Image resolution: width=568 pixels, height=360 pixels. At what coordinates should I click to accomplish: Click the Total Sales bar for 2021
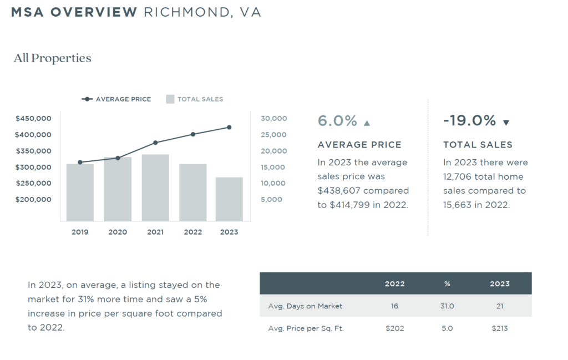(x=155, y=188)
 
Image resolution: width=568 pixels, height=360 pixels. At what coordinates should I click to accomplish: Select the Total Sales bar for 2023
(x=229, y=199)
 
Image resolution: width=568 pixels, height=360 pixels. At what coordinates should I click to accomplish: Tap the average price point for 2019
(x=80, y=162)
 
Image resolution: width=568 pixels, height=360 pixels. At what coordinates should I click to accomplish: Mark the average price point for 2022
(x=193, y=134)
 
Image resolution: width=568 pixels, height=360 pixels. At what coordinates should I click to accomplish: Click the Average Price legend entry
(x=116, y=99)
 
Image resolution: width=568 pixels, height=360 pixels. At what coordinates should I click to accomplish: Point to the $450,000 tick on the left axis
(x=33, y=118)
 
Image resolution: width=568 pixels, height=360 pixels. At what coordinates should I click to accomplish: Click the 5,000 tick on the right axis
(x=271, y=199)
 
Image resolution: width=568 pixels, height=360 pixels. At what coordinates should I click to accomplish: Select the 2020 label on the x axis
(x=118, y=232)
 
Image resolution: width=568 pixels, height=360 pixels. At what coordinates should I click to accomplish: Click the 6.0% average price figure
(x=337, y=121)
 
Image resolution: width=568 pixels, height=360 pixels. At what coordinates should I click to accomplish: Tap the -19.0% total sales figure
(x=469, y=121)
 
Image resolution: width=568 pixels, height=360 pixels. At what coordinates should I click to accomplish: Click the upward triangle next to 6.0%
(x=367, y=123)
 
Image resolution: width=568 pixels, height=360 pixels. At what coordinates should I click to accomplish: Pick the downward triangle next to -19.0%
(x=506, y=123)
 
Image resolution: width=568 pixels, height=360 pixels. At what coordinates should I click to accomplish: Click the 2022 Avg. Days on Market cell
(x=394, y=306)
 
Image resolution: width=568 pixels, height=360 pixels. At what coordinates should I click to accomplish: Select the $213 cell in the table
(x=499, y=328)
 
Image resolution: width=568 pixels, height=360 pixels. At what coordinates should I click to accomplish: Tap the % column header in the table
(x=447, y=283)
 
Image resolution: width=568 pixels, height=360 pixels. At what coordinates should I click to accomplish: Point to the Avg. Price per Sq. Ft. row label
(x=306, y=328)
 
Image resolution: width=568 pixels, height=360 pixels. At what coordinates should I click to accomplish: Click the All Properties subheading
(x=52, y=58)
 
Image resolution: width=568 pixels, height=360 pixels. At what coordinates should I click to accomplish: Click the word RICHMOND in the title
(x=185, y=12)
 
